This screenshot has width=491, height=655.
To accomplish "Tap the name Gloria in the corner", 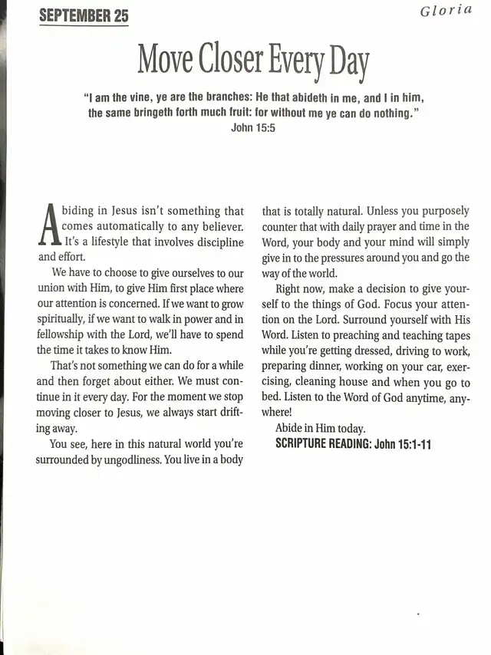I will coord(447,10).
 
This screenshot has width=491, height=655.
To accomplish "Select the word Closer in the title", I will coord(226,60).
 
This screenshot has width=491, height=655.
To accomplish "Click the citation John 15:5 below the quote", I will coord(253,127).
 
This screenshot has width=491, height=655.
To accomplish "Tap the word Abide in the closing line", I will coord(292,429).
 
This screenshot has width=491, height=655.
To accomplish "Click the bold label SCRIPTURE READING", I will coord(323,444).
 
